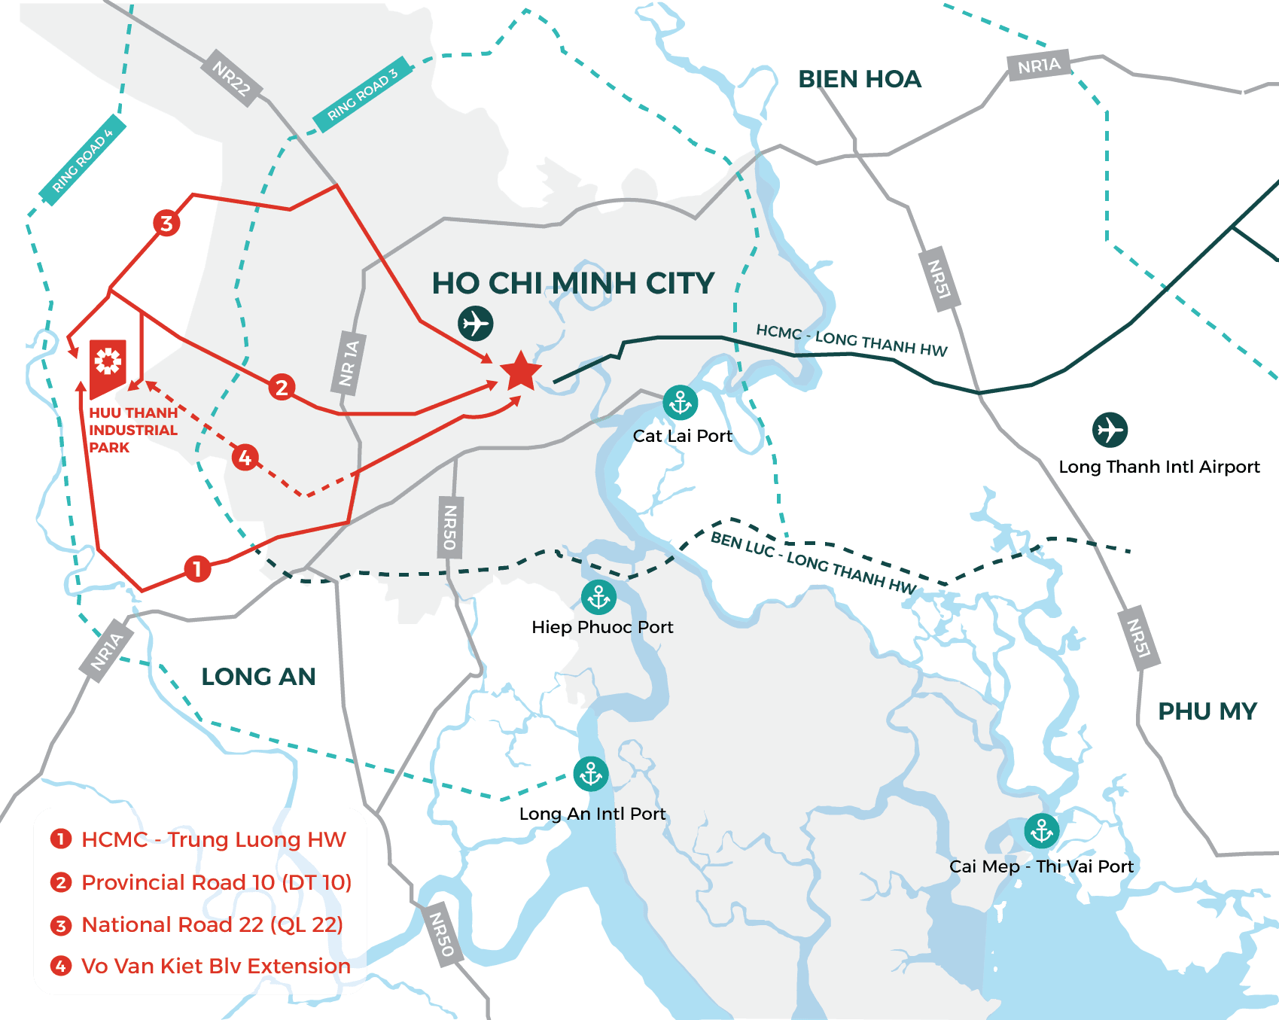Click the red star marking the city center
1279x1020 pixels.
(520, 372)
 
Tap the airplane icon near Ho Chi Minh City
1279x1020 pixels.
(475, 324)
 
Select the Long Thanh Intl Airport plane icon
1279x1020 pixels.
(1110, 430)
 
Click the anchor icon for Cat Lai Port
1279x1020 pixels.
(681, 403)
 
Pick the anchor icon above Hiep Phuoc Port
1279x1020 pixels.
(599, 598)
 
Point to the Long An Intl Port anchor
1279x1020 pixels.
(591, 774)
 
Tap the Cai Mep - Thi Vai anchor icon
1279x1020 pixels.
(1042, 831)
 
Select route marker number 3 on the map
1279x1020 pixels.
(166, 223)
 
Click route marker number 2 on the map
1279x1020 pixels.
(282, 387)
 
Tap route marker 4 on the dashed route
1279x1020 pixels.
(245, 457)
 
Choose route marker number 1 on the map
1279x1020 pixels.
(197, 568)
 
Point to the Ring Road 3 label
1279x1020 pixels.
(363, 94)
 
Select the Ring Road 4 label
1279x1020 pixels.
(83, 160)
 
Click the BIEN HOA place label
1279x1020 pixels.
(860, 79)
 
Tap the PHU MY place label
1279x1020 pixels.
(1207, 711)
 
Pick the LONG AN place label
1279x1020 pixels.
(258, 677)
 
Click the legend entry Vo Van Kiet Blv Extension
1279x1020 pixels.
(215, 966)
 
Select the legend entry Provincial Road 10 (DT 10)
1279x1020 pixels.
(216, 882)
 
